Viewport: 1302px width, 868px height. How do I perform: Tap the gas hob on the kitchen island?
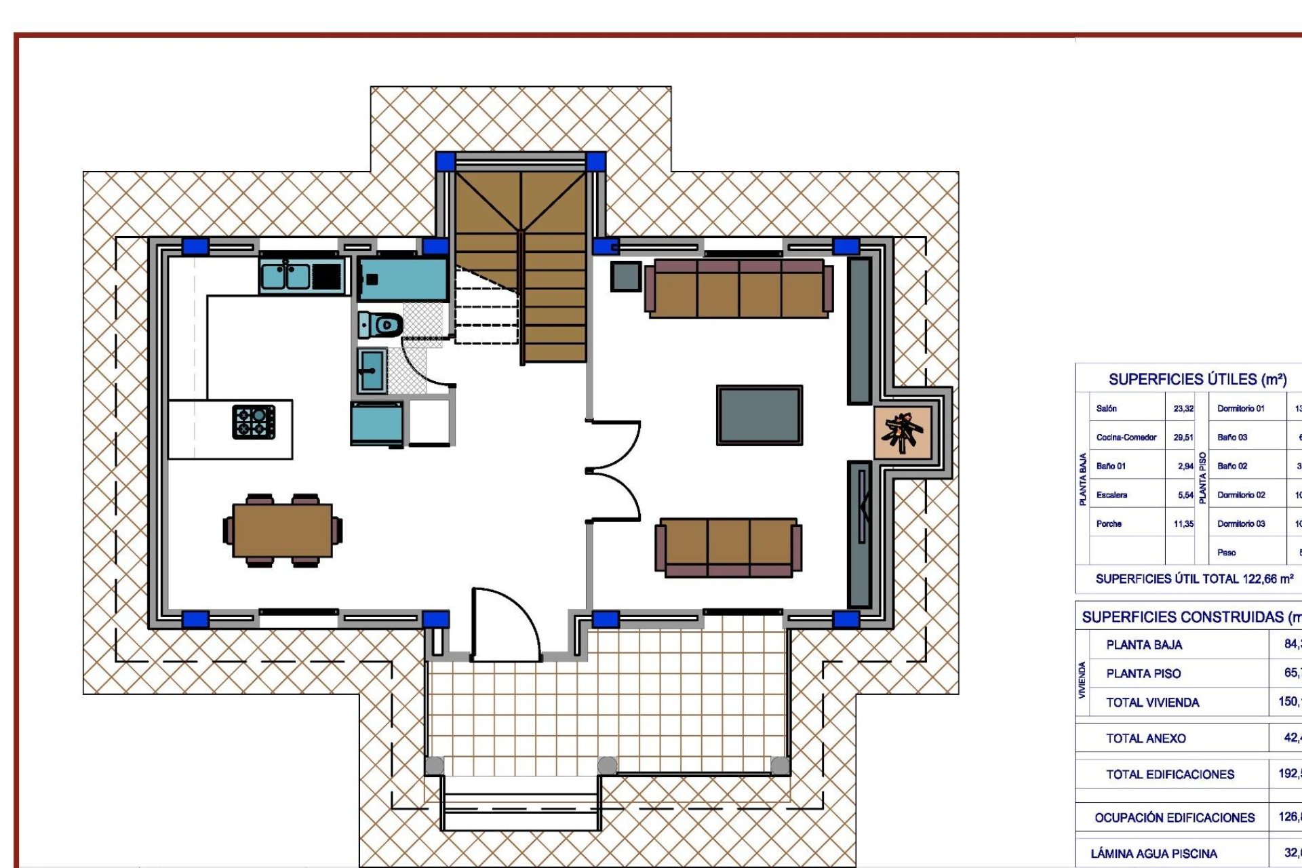254,422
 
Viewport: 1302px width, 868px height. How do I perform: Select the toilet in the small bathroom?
381,325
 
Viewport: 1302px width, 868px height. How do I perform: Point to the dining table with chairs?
282,530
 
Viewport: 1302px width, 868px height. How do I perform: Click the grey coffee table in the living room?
759,415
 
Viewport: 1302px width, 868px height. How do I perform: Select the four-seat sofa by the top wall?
738,288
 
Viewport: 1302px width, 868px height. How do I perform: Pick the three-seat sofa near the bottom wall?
728,547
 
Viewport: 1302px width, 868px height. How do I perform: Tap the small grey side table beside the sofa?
625,276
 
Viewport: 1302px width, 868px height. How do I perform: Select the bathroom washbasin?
372,370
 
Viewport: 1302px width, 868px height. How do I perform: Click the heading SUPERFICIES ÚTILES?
1198,380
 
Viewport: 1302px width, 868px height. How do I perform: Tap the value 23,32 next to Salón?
1183,408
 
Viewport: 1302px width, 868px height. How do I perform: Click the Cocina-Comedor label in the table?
1126,437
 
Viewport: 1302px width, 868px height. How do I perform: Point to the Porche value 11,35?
1183,524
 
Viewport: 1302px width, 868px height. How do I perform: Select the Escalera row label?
1111,495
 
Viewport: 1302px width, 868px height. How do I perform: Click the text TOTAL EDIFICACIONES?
1170,774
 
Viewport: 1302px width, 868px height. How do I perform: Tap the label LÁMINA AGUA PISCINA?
1153,854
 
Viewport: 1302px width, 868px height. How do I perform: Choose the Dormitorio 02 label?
1241,495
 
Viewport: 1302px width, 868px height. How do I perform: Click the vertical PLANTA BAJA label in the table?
1083,479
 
